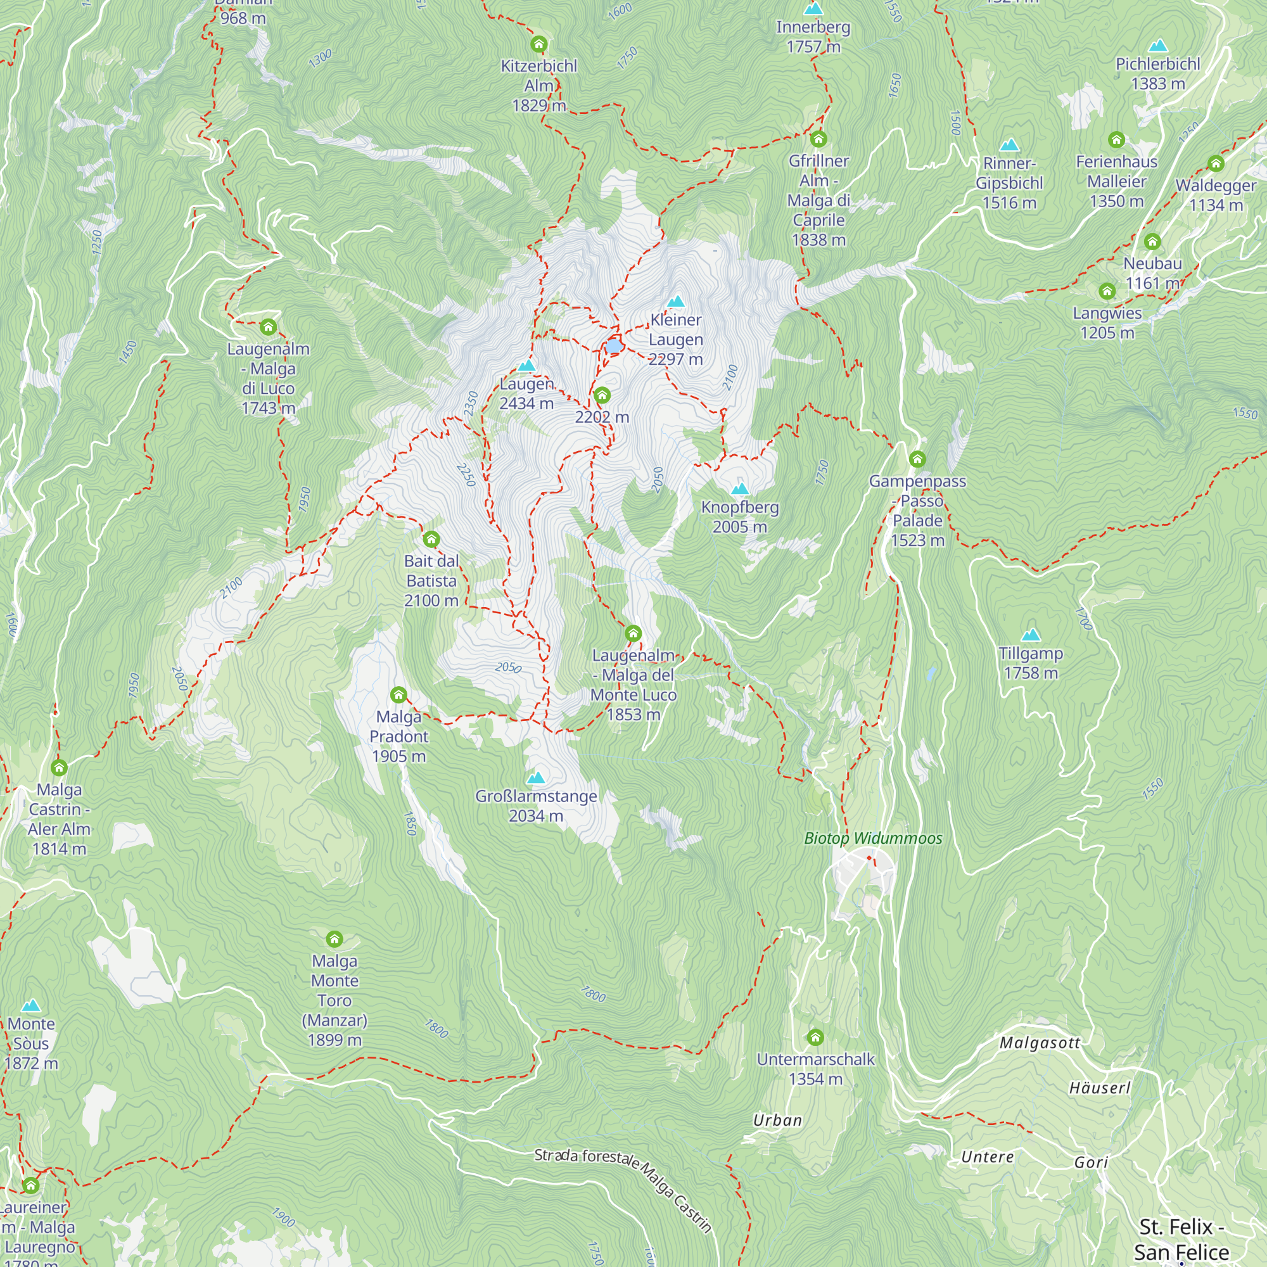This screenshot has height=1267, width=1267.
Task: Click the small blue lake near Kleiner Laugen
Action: [613, 346]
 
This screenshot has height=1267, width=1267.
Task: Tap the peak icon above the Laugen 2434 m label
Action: [526, 366]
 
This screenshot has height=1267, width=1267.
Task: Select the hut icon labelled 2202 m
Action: [602, 395]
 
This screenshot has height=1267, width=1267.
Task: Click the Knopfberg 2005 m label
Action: [740, 517]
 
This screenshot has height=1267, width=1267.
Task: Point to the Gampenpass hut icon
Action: [917, 459]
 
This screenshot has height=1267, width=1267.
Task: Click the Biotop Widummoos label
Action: [873, 838]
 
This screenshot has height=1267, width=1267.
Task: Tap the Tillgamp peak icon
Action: [1031, 634]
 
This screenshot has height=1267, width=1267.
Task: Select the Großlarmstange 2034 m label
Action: [536, 805]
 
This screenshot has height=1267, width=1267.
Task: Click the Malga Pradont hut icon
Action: [398, 694]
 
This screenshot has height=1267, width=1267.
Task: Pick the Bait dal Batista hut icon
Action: [431, 539]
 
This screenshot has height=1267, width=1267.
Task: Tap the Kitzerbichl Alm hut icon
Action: [539, 44]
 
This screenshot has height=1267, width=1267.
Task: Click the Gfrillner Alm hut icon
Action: [818, 138]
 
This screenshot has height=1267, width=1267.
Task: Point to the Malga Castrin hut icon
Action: [59, 767]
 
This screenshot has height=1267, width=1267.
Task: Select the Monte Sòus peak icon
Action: [31, 1005]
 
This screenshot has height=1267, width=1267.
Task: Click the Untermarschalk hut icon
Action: [815, 1037]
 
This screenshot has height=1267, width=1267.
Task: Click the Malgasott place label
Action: [1040, 1043]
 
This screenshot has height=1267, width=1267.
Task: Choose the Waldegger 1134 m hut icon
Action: [1216, 163]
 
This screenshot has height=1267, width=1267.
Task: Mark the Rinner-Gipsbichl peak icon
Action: [1009, 144]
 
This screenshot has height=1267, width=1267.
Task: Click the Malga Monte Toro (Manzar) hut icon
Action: [334, 938]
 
